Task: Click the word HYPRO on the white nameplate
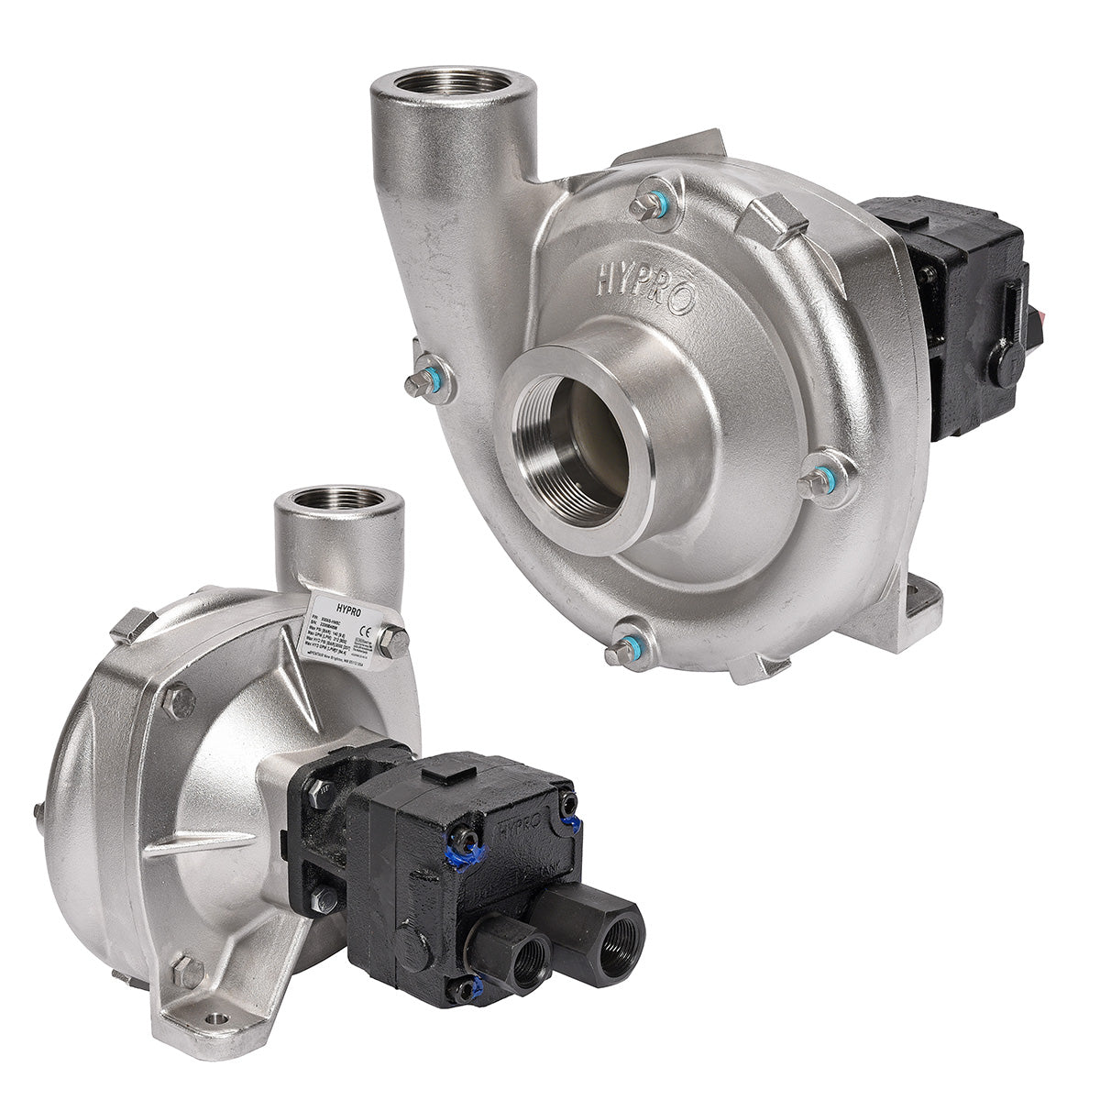pyautogui.click(x=337, y=608)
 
